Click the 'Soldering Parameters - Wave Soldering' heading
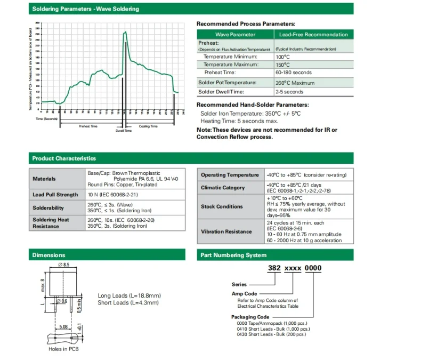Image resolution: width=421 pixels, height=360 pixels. [x=85, y=9]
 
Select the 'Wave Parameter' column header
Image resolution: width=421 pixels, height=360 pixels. [x=235, y=35]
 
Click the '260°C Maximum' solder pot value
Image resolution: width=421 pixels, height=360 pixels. [x=295, y=83]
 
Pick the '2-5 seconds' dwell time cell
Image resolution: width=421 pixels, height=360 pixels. [x=289, y=92]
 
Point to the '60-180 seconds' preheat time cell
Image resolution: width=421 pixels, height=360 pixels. [x=294, y=73]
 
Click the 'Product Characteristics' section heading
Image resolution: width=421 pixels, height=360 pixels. [x=64, y=158]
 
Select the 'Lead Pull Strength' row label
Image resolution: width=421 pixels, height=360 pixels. [x=55, y=195]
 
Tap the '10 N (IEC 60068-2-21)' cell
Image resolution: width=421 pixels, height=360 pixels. [x=112, y=195]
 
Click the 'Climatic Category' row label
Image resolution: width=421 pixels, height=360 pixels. [x=223, y=188]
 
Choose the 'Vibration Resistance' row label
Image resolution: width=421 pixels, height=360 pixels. [x=226, y=231]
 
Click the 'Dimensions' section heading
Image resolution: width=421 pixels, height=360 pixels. [x=48, y=255]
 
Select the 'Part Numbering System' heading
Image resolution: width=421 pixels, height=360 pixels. [x=234, y=255]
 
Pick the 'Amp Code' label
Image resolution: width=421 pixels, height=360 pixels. [x=245, y=294]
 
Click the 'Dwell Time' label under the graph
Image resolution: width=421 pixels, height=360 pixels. [x=124, y=131]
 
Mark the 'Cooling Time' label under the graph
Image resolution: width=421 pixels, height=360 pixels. [x=148, y=126]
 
